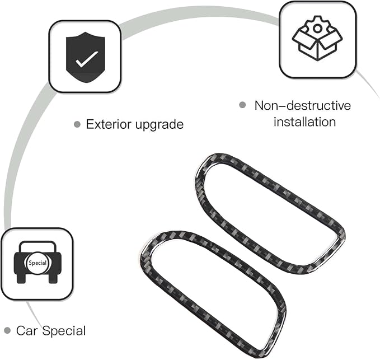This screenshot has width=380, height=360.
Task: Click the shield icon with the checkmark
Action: point(85,57)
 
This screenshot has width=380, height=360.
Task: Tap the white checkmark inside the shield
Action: point(87,59)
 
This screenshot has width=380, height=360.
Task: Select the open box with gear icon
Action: point(317,38)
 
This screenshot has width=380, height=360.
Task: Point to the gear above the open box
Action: point(317,27)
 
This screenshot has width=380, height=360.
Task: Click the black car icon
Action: point(37,262)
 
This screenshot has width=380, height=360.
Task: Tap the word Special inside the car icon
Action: point(37,263)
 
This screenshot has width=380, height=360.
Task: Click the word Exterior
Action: point(109,124)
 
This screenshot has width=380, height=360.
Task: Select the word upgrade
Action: point(159,125)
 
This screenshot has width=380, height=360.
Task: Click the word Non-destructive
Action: point(302,105)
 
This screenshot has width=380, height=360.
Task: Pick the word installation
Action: point(304,121)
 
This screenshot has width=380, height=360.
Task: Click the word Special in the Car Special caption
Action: point(64,331)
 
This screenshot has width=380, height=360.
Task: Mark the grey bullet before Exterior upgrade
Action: point(77,124)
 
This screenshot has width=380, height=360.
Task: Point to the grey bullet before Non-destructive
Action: point(242,105)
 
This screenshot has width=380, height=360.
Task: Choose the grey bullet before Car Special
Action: point(7,330)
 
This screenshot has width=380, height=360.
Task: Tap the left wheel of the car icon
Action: point(21,278)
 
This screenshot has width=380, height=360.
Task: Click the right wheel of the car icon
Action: point(53,278)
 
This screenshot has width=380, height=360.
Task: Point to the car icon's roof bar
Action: point(37,242)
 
